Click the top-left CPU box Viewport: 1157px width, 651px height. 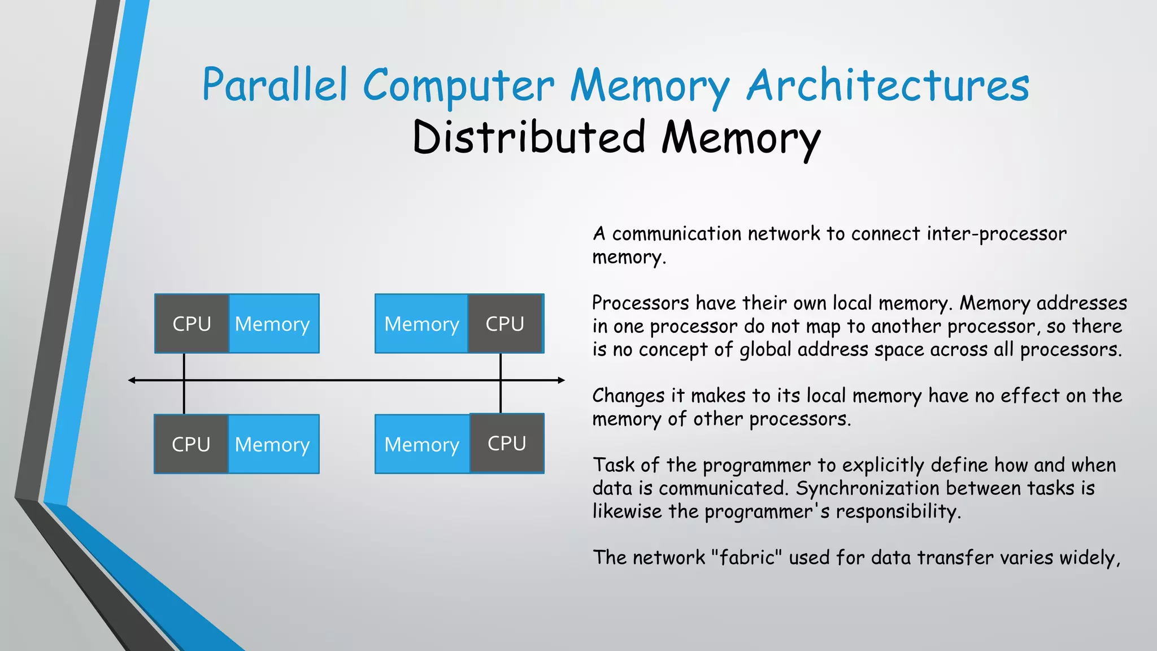(x=192, y=324)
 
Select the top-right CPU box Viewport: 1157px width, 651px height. (x=505, y=324)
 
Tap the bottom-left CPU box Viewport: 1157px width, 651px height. (x=191, y=444)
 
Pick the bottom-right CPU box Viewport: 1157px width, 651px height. (x=507, y=443)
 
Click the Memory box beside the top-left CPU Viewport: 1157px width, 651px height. (x=273, y=324)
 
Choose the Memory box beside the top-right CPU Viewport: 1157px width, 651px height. (x=421, y=324)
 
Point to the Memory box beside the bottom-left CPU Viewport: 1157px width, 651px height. (x=273, y=444)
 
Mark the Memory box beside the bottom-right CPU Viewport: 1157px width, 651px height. (x=421, y=444)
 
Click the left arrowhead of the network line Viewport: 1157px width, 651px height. (x=132, y=380)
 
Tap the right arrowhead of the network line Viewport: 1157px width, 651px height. (x=561, y=380)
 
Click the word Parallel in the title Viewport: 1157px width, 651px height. (x=275, y=85)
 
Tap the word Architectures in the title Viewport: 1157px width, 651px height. (x=888, y=85)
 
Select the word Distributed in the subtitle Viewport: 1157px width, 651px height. (x=529, y=137)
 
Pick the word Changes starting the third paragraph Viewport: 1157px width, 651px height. (x=628, y=396)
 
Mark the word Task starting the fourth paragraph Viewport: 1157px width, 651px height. (x=614, y=465)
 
